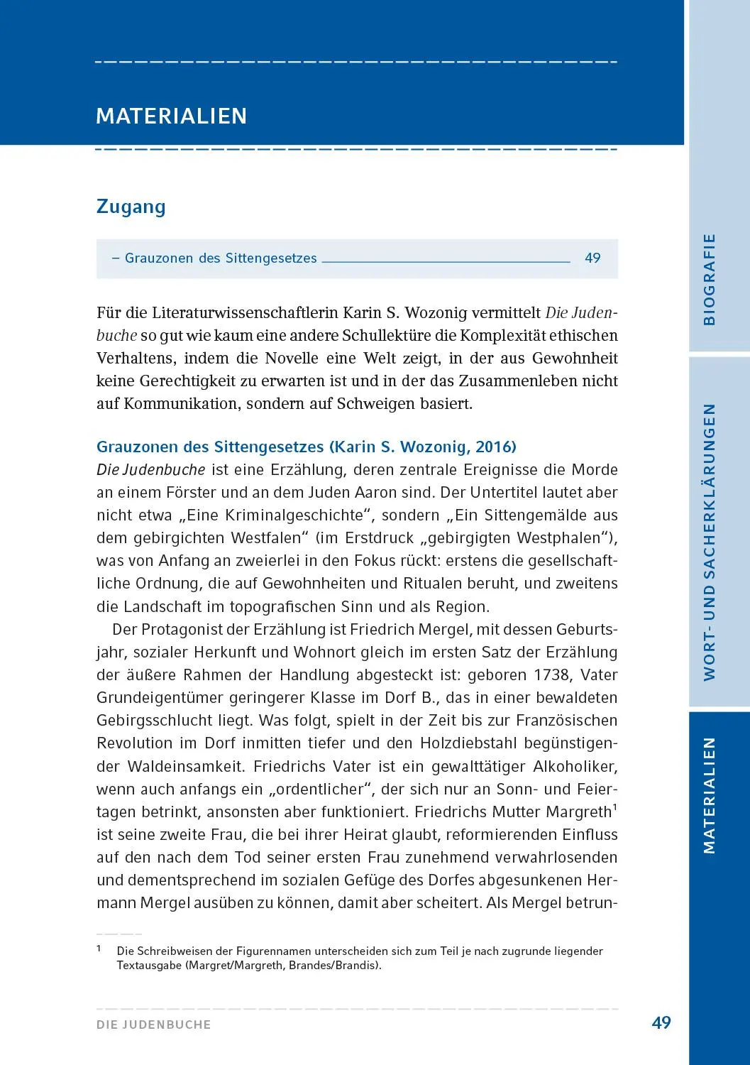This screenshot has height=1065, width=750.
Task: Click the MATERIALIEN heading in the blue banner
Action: click(x=171, y=116)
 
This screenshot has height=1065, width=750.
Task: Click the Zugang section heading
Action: click(x=131, y=207)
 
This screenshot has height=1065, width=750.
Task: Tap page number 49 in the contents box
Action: click(x=592, y=258)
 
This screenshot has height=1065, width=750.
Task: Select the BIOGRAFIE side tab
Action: click(x=709, y=279)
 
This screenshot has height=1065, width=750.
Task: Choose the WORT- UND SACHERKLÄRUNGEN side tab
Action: click(x=709, y=542)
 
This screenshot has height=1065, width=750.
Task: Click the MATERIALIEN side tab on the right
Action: click(x=709, y=795)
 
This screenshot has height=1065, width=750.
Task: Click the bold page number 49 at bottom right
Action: click(x=661, y=1022)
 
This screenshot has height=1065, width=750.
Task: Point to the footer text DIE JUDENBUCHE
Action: click(x=154, y=1025)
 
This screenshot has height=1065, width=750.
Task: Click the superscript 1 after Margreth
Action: click(x=614, y=807)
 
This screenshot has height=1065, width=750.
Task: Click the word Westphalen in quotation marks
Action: click(x=558, y=538)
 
